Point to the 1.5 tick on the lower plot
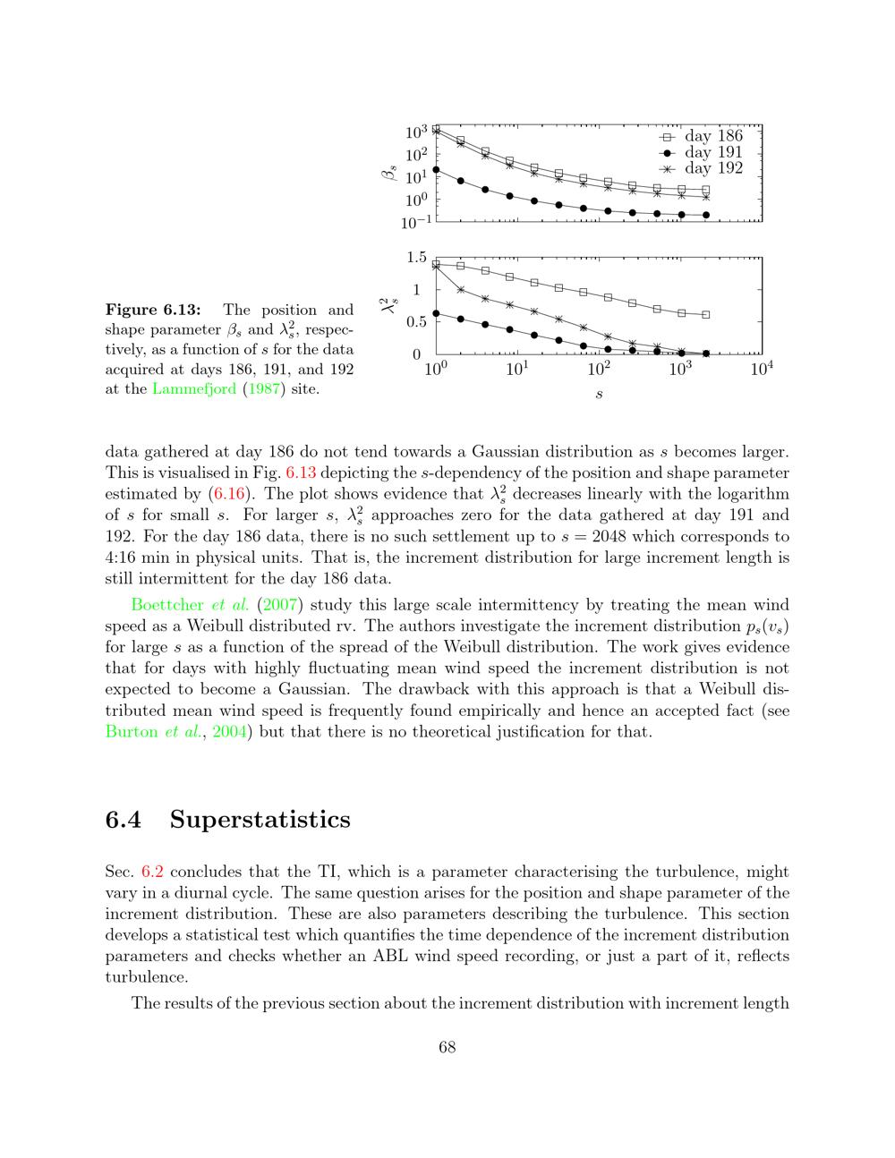416,258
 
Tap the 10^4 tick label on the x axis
761,369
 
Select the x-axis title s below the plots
598,395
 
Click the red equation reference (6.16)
223,494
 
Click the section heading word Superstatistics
260,819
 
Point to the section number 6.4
124,819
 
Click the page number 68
447,1047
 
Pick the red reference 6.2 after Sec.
153,872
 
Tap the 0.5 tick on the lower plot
416,322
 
